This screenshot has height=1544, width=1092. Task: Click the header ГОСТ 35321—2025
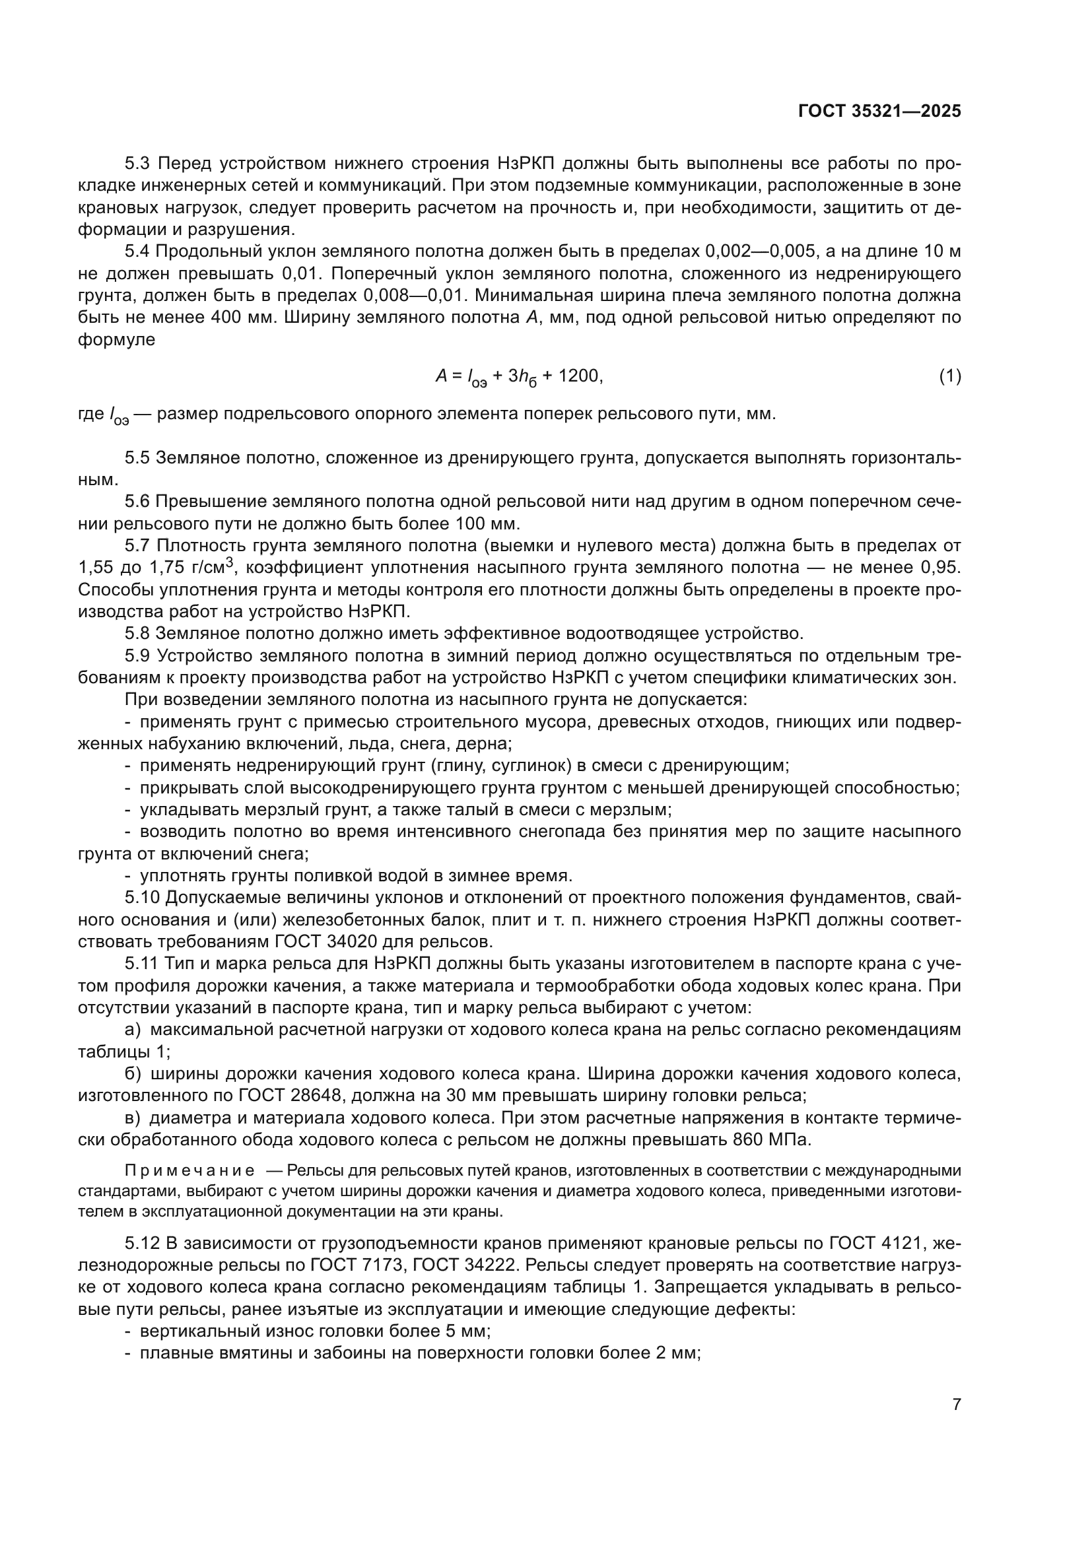[x=879, y=112]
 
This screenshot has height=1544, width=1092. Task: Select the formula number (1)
[x=949, y=376]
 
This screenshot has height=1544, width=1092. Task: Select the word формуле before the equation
[x=116, y=339]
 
